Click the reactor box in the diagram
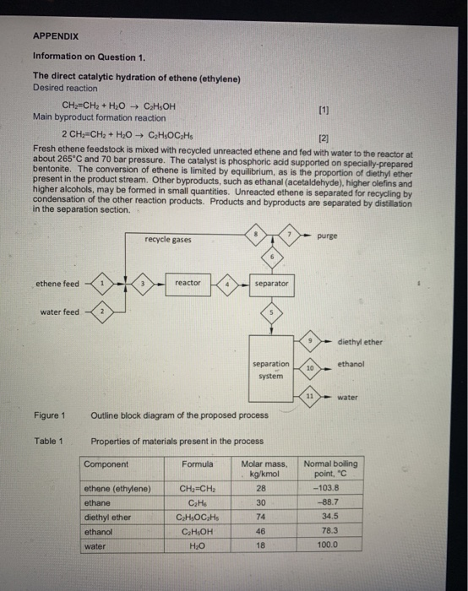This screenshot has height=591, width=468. click(188, 284)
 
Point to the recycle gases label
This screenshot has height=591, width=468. click(167, 240)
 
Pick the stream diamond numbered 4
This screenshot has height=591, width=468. click(228, 284)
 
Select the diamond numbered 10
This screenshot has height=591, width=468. click(310, 368)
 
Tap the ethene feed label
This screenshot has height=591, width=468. click(57, 285)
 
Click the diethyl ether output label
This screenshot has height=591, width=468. click(359, 342)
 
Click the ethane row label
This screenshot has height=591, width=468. click(100, 502)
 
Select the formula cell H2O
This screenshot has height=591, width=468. click(195, 545)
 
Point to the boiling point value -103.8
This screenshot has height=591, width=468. click(328, 488)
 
